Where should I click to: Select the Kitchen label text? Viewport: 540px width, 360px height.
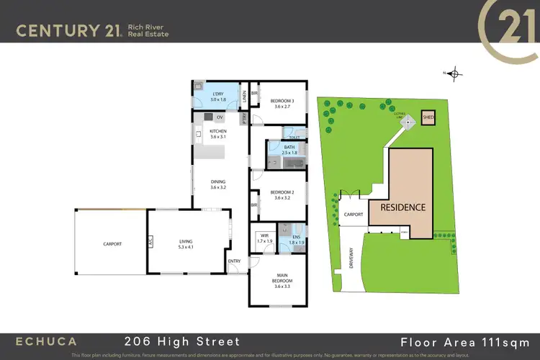[x=218, y=132]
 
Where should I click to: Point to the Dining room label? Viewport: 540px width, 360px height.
[x=218, y=184]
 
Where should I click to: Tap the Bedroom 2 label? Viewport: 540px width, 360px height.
[x=279, y=193]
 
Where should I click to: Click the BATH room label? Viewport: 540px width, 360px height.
[x=289, y=148]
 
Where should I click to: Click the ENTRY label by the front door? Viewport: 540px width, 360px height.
[x=235, y=261]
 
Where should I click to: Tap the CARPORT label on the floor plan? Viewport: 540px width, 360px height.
[x=112, y=244]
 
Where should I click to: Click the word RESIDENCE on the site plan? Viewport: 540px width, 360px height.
[x=403, y=207]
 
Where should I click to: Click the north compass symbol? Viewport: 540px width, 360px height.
[x=456, y=73]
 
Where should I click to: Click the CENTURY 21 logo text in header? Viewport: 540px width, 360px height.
[x=68, y=30]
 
